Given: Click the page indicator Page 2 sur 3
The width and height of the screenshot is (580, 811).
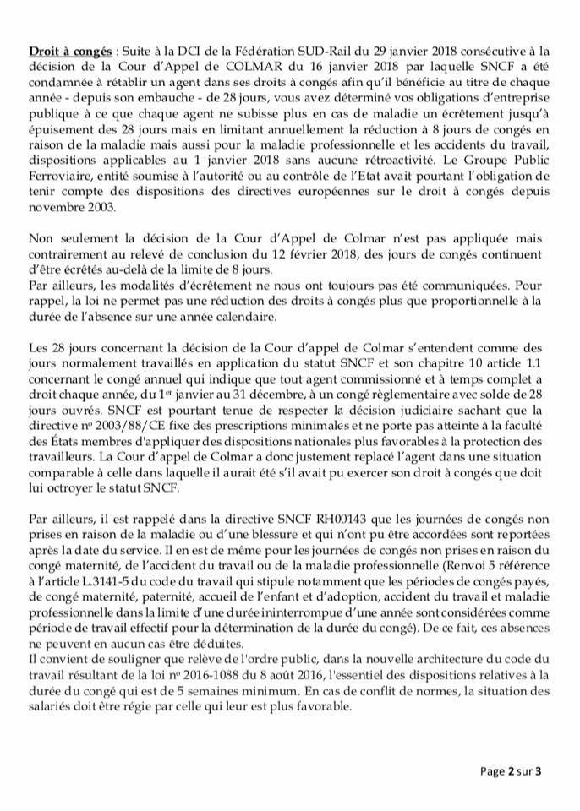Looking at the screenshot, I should tap(511, 770).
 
